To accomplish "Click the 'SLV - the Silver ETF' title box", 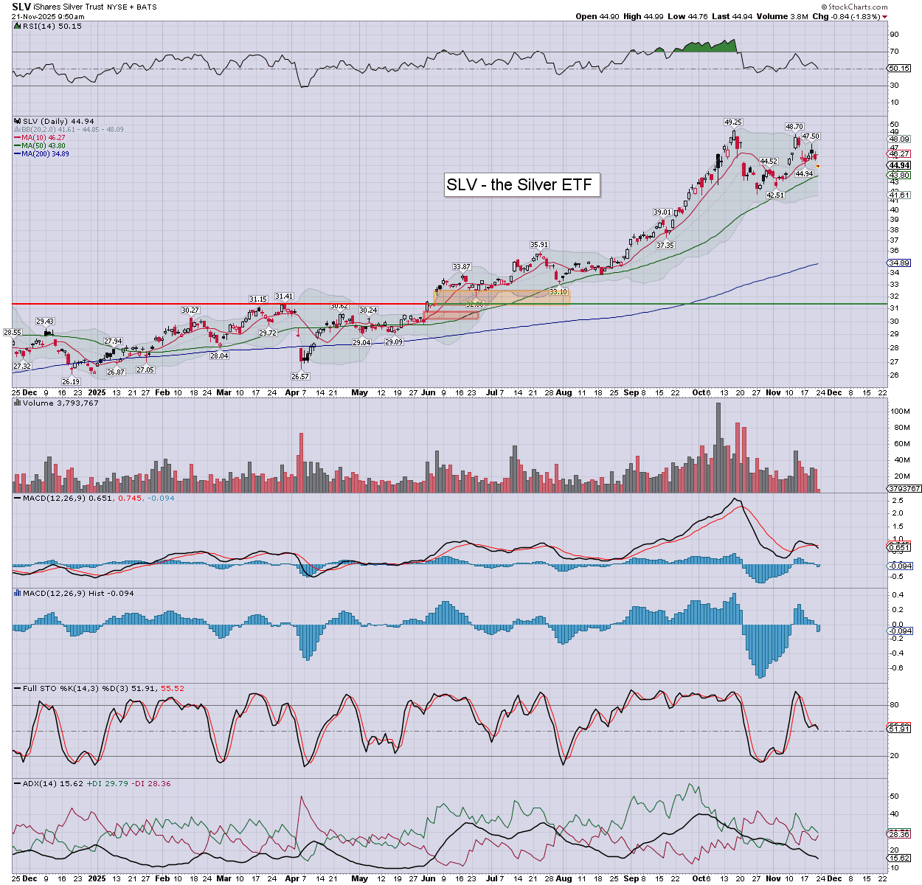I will [519, 184].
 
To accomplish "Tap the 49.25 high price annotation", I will [732, 122].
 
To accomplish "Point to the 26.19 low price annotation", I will [71, 381].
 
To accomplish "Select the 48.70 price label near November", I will [794, 127].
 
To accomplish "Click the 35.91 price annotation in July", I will [539, 245].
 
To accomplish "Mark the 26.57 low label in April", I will [300, 376].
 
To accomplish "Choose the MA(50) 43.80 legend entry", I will [43, 146].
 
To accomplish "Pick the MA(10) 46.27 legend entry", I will [43, 138].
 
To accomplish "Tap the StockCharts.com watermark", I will [857, 7].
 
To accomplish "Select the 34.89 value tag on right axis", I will [899, 263].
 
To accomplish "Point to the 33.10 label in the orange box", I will [558, 292].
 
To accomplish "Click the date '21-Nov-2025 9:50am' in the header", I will [48, 16].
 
